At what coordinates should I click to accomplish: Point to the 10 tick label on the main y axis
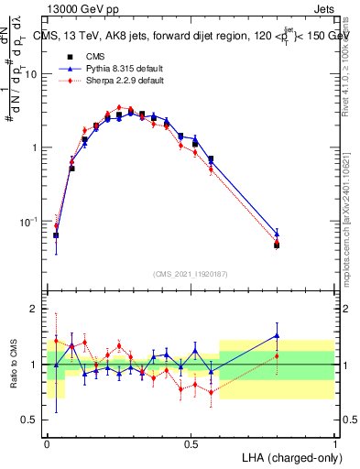(32, 74)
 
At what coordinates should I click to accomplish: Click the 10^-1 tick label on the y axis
(29, 221)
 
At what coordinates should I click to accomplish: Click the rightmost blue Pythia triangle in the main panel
(277, 234)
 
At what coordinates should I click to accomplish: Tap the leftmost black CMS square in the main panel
(56, 235)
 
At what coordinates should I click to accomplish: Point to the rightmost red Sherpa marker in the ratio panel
(277, 356)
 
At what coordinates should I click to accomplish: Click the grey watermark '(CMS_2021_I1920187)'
(191, 273)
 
